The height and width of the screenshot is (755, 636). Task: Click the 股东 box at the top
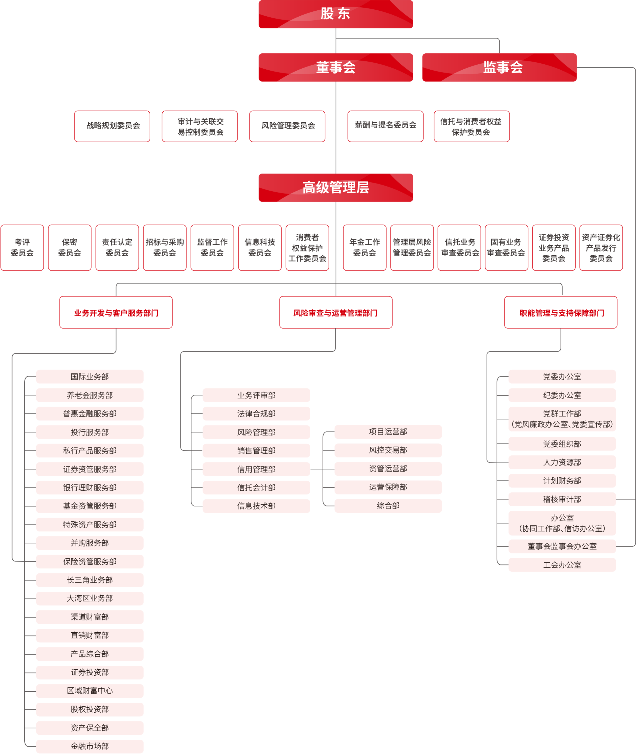(336, 14)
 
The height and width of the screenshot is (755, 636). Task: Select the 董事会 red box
(336, 67)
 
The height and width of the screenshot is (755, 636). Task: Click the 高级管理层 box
(336, 187)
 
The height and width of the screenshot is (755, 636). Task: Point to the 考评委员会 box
(22, 247)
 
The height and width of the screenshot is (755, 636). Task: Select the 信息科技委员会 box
(260, 247)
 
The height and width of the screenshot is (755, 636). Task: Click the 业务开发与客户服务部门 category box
(116, 312)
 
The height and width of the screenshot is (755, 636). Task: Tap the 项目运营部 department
(388, 432)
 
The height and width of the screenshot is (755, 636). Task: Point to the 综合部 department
(388, 505)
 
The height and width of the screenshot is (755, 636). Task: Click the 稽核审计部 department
(562, 499)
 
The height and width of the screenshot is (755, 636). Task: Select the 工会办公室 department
(562, 565)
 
